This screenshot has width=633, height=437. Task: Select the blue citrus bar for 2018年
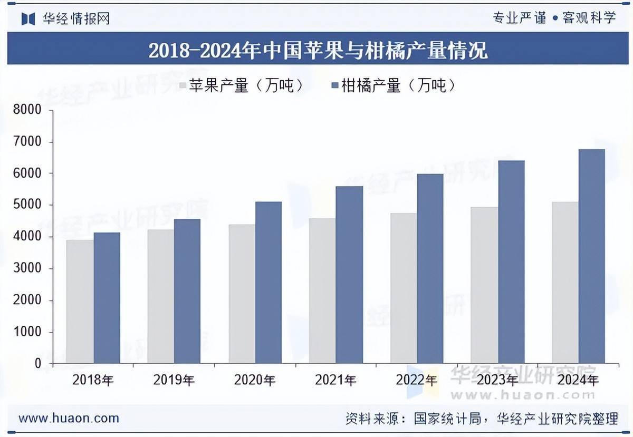(107, 298)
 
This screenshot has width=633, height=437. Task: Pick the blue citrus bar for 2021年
(350, 275)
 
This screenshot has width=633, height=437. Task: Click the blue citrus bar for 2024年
(591, 256)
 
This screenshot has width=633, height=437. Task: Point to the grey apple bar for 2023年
(484, 285)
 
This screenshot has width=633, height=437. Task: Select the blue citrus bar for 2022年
(430, 268)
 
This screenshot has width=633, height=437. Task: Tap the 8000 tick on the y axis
(27, 110)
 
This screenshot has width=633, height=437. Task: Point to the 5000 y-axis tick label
(27, 205)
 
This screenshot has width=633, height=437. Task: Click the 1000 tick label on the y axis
(27, 332)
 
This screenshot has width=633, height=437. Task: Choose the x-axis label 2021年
(335, 380)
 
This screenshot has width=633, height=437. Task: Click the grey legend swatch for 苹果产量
(183, 85)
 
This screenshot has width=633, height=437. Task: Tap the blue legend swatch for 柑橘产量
(334, 85)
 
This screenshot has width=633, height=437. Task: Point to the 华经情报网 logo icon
(28, 18)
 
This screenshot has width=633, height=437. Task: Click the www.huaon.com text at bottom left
(69, 419)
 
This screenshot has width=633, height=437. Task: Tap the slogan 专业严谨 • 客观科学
(554, 18)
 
